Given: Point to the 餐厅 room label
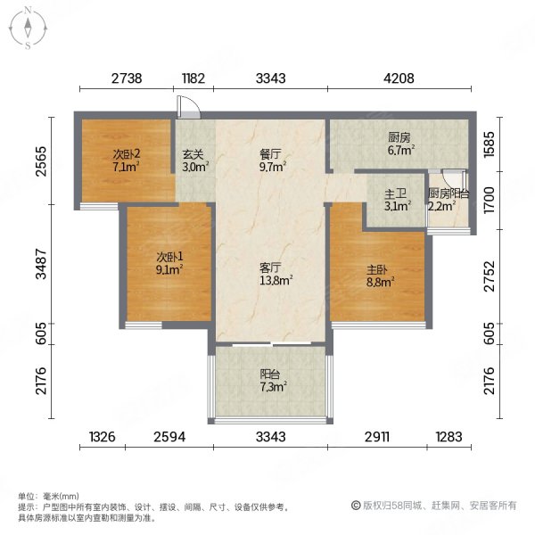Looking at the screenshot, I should pyautogui.click(x=271, y=152).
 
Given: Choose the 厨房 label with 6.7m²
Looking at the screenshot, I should pyautogui.click(x=399, y=138).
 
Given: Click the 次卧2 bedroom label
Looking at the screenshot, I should pyautogui.click(x=126, y=152).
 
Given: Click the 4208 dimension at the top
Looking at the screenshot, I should pyautogui.click(x=399, y=78).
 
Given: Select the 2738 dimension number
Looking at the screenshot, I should pyautogui.click(x=128, y=78).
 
